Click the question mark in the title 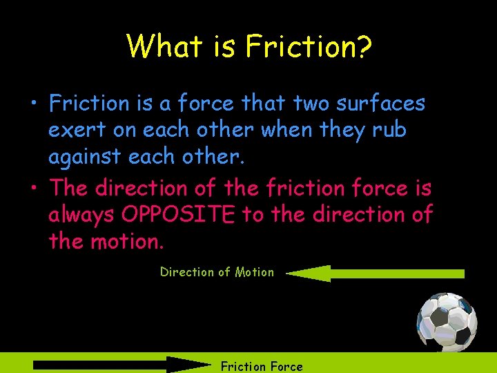click(x=363, y=46)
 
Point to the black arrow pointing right click(x=121, y=365)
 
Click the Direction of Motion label click(x=217, y=272)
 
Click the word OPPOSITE click(x=178, y=215)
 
